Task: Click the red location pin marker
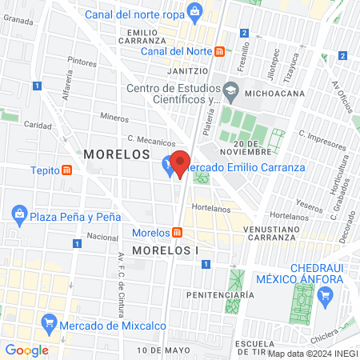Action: click(181, 163)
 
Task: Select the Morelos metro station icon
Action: click(178, 232)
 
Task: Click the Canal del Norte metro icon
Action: click(220, 52)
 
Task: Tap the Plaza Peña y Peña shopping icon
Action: click(18, 215)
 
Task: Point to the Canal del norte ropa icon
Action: click(194, 11)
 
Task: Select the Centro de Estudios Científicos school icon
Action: click(230, 89)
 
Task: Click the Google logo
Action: click(26, 350)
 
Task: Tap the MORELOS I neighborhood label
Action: click(165, 250)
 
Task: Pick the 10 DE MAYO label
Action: click(162, 350)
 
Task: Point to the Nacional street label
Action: click(102, 237)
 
